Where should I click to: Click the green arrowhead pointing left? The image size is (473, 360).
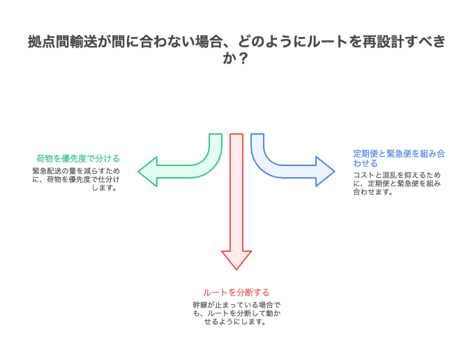[147, 171]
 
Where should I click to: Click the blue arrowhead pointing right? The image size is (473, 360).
[325, 171]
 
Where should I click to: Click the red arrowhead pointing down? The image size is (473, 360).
[236, 260]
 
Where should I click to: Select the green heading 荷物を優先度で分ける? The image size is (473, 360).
[78, 158]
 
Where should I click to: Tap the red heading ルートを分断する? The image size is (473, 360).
[236, 292]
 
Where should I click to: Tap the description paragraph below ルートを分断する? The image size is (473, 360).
[236, 313]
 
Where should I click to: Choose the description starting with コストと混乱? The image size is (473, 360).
[398, 183]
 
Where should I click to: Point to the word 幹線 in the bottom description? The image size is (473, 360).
[200, 306]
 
